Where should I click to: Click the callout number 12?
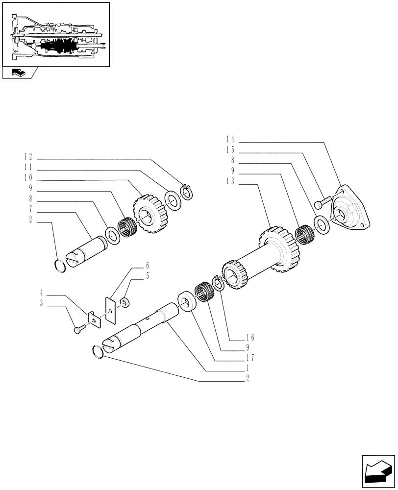point(28,157)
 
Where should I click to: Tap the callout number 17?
point(251,357)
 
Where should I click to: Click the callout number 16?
point(251,338)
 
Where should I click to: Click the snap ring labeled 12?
point(187,192)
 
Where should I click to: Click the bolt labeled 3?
point(78,331)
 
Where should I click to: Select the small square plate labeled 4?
point(93,318)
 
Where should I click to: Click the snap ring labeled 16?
point(217,283)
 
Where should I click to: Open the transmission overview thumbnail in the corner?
point(56,34)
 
